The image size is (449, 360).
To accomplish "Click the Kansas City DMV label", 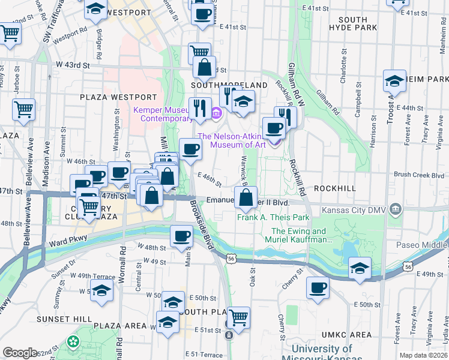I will [x=354, y=210].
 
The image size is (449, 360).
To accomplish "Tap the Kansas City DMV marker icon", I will [x=396, y=209].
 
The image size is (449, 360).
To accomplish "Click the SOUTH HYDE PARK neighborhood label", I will [x=361, y=24].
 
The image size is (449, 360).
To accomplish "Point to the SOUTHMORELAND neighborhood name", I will [x=229, y=85].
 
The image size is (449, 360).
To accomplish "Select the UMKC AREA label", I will [x=347, y=334].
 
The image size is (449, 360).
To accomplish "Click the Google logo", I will [x=20, y=352].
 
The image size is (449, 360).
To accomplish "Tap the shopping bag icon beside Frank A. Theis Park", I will [x=246, y=197].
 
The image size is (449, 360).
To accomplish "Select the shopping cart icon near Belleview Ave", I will [x=23, y=109].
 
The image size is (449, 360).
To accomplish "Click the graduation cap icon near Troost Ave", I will [x=394, y=81].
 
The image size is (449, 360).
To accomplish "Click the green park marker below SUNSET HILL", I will [x=74, y=342].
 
